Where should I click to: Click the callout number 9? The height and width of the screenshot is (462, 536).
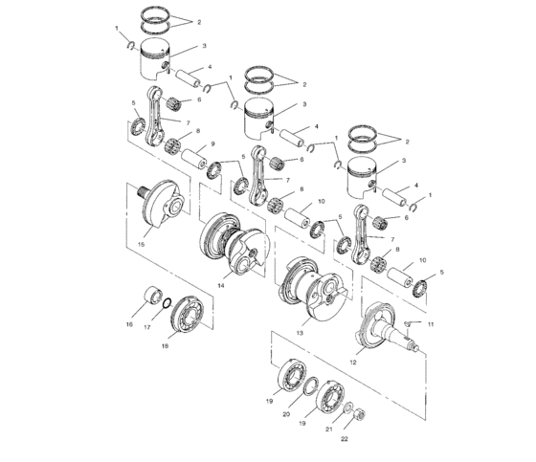coord(212,143)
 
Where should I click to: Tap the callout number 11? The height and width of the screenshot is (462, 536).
coord(431,324)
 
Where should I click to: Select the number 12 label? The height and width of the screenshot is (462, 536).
coord(353,363)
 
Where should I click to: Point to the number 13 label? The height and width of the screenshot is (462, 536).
coord(300,333)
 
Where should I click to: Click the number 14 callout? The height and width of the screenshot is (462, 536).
coord(221,285)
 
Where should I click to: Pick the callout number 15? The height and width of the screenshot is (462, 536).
coord(142,244)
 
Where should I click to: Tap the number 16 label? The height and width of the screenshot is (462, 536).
coord(129,324)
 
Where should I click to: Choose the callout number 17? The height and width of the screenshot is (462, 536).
coord(147,327)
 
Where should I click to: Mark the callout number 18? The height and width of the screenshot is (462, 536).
coord(165,346)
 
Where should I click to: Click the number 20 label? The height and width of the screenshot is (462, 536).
coord(286,414)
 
